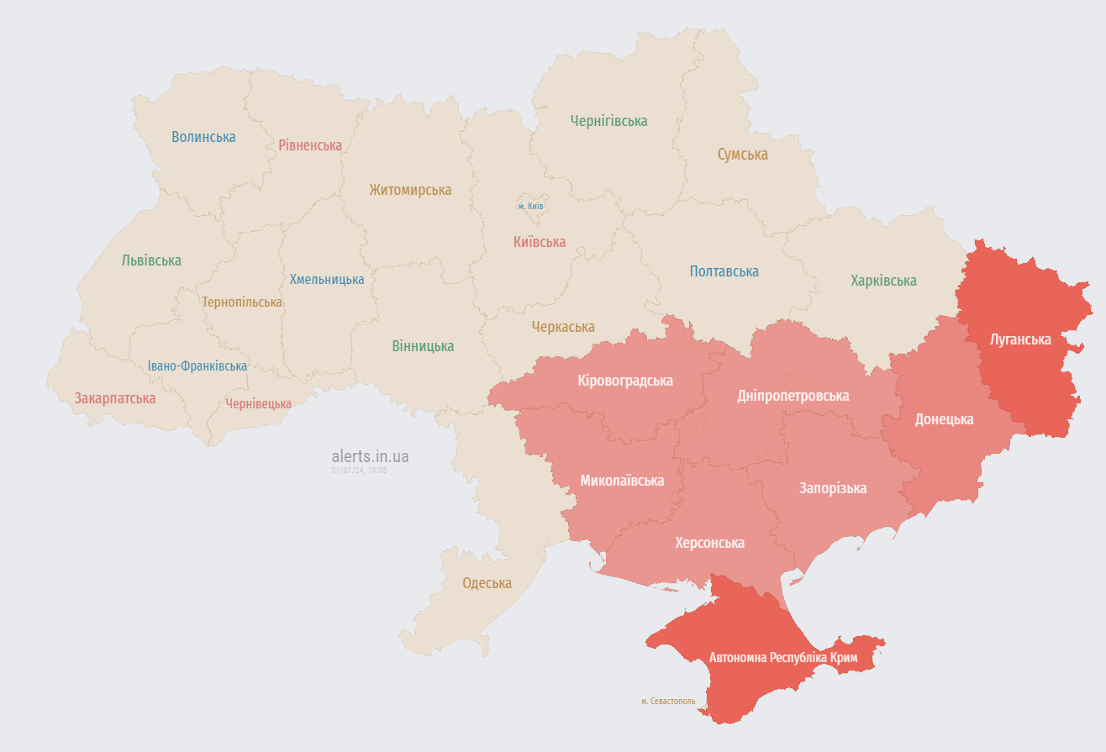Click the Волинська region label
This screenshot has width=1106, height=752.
coord(203,136)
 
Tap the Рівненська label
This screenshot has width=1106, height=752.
coord(310,145)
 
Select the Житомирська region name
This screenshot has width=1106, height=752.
coord(410,190)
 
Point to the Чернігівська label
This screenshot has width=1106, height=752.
coord(608,121)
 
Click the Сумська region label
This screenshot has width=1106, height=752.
coord(742,155)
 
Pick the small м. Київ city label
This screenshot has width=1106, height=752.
coord(530,206)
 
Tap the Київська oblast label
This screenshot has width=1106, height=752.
coord(539,242)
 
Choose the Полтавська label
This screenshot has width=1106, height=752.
coord(724,271)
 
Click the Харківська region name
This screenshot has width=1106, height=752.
coord(883,281)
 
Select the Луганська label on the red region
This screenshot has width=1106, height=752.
coord(1020,339)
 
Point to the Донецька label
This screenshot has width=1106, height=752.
coord(944,418)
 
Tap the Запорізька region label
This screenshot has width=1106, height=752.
coord(832,488)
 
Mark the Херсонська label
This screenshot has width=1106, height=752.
coord(709,543)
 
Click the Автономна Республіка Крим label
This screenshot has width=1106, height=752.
coord(783,657)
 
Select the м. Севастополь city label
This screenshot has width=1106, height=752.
coord(668,701)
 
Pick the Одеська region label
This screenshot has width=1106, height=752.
coord(487,583)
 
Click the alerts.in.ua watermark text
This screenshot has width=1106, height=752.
coord(370,456)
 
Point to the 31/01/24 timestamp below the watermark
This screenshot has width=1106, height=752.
coord(359,471)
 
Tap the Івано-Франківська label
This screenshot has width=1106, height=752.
coord(197,365)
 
